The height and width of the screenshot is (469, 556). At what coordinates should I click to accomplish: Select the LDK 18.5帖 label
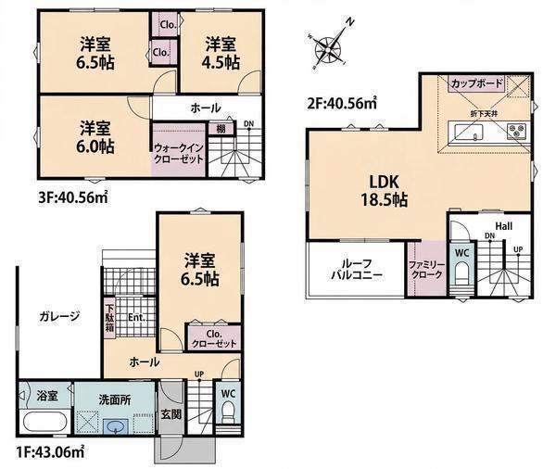tap(385, 191)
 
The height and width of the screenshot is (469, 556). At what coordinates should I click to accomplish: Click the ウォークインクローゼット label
tap(178, 153)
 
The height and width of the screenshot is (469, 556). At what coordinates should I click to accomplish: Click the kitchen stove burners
tap(517, 131)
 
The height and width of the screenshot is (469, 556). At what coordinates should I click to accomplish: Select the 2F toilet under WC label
tap(461, 273)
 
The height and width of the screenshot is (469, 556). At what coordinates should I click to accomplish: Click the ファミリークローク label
tap(426, 270)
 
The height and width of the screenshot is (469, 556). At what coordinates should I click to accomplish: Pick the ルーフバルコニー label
tap(357, 270)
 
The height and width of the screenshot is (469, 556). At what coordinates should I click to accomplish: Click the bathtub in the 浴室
tap(44, 423)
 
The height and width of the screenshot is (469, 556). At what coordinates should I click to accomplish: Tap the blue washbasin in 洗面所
tap(117, 425)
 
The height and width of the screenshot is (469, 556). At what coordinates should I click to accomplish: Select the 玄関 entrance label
tap(171, 413)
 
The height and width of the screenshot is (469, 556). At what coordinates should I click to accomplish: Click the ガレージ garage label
tap(59, 316)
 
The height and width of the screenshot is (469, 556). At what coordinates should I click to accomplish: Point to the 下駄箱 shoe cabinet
tap(109, 318)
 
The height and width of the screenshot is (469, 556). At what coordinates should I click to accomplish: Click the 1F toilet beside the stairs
tap(228, 413)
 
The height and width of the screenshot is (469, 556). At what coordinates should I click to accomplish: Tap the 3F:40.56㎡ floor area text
tap(72, 198)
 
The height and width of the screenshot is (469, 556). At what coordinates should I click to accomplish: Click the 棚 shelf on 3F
tap(221, 128)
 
